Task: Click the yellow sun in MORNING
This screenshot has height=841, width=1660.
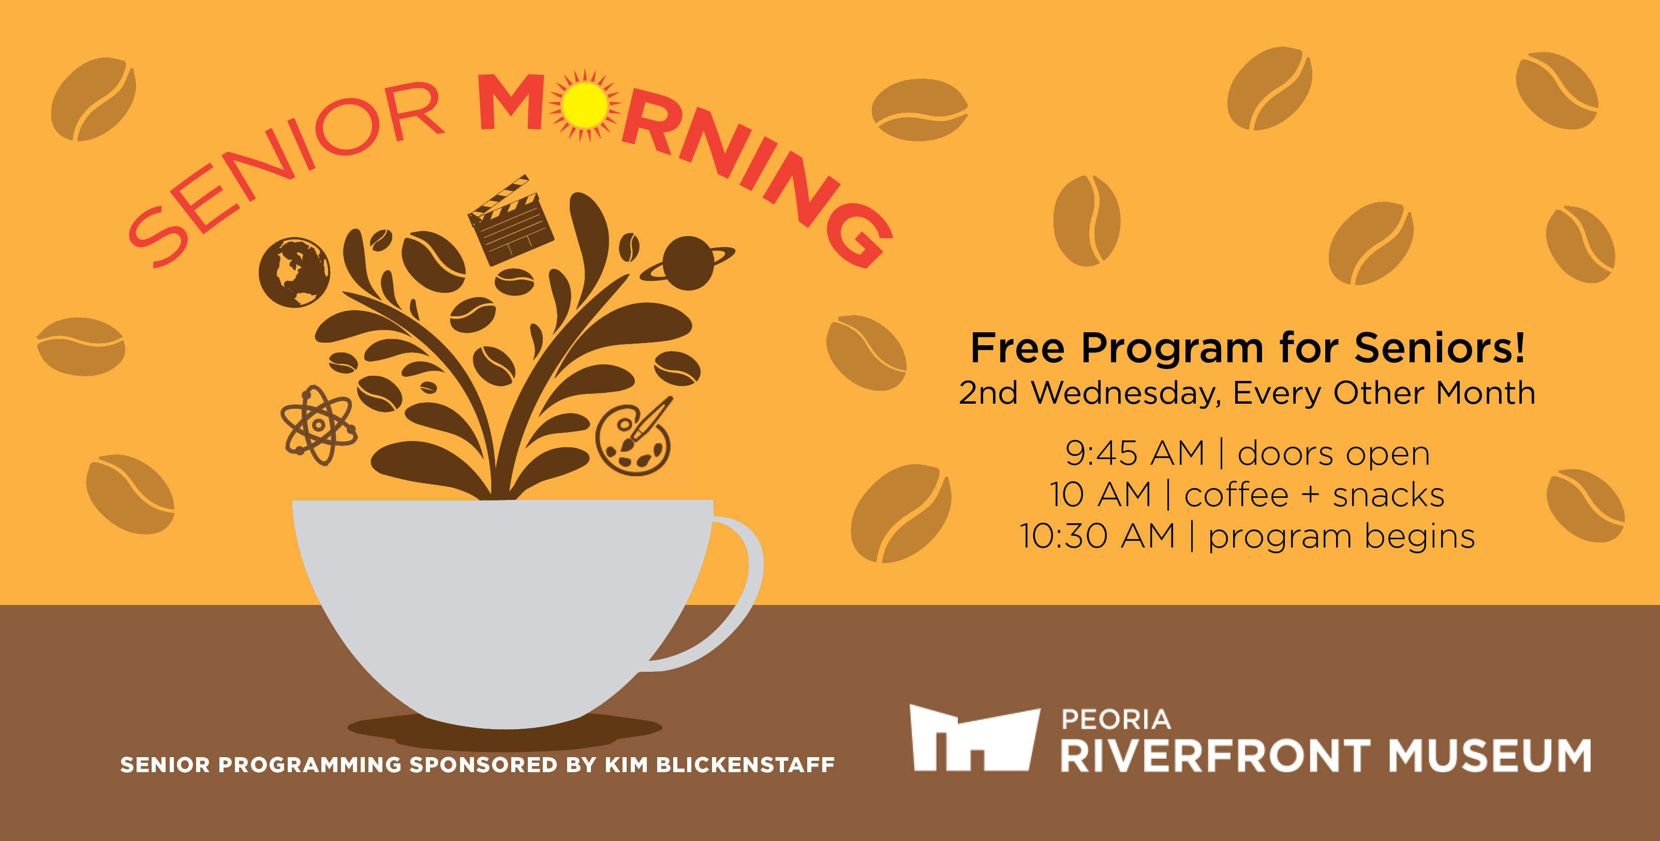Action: pos(585,105)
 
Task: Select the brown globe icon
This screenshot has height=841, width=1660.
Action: pos(294,272)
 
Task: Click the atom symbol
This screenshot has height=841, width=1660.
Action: pos(318,425)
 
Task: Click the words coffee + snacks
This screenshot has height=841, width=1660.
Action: pos(1314,495)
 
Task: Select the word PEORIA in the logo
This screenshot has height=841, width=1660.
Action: pos(1116,719)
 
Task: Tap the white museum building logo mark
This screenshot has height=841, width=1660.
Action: pos(974,738)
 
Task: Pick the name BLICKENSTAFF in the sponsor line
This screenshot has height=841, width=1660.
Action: pos(745,764)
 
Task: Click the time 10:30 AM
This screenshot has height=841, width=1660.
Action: pos(1098,536)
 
